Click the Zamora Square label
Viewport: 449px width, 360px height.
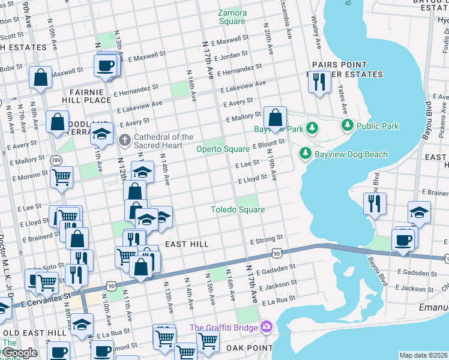click(x=232, y=16)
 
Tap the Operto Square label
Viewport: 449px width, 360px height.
click(x=225, y=149)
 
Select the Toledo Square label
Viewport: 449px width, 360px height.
click(x=237, y=209)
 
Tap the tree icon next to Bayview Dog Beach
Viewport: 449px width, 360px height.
click(x=306, y=154)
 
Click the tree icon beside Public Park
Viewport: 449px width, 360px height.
click(x=347, y=126)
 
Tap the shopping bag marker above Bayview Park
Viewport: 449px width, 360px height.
click(x=275, y=118)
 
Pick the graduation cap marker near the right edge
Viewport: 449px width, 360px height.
click(x=419, y=212)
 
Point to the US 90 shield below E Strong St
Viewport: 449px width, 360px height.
click(x=276, y=254)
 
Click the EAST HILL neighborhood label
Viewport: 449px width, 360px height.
click(x=187, y=244)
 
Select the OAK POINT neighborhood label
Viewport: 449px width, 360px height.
click(x=247, y=347)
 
